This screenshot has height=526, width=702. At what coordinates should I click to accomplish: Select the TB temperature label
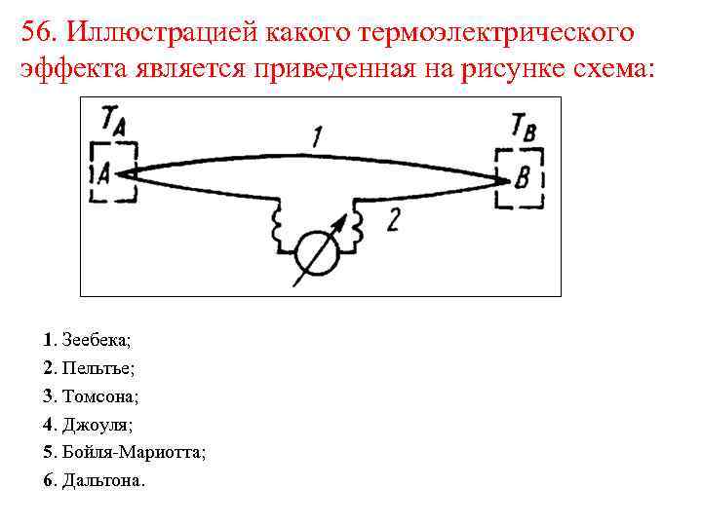point(525,128)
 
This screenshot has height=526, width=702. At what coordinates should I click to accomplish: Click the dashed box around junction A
point(113,172)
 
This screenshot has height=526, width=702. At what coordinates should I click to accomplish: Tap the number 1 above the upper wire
point(318,138)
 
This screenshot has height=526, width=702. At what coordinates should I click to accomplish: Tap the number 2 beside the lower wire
point(392,221)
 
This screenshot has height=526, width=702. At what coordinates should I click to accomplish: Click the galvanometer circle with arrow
point(317,250)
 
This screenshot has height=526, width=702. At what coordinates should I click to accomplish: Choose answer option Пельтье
point(98,368)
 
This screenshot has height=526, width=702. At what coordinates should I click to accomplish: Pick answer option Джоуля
point(97,425)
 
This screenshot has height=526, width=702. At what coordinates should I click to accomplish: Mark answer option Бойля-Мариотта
point(133,453)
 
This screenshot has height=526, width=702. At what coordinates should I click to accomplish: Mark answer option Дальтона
point(101,481)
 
